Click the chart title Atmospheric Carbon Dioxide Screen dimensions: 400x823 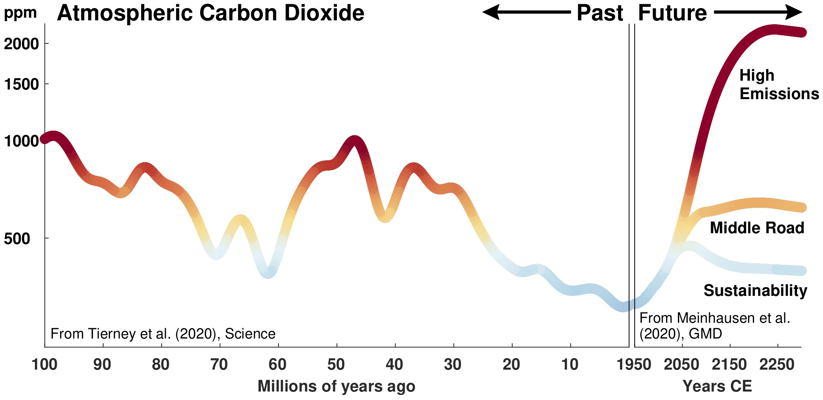(x=210, y=13)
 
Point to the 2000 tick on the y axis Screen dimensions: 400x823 (x=21, y=44)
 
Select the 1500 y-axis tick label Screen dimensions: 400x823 (x=21, y=84)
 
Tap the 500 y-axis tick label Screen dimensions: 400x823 (x=17, y=239)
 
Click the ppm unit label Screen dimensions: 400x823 (x=20, y=13)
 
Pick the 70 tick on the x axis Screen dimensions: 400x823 (x=219, y=364)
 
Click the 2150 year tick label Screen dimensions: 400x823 (x=729, y=364)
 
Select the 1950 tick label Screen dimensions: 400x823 (x=634, y=364)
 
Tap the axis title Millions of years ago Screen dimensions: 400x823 (x=336, y=386)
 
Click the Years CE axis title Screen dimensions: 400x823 (x=717, y=386)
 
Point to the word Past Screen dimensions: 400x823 (x=600, y=13)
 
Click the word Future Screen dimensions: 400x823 (x=672, y=13)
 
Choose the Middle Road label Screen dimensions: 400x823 (x=757, y=228)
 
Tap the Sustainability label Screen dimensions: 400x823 (x=755, y=290)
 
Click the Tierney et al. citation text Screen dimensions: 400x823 (x=163, y=334)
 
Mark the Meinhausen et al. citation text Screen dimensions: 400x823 (x=714, y=326)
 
